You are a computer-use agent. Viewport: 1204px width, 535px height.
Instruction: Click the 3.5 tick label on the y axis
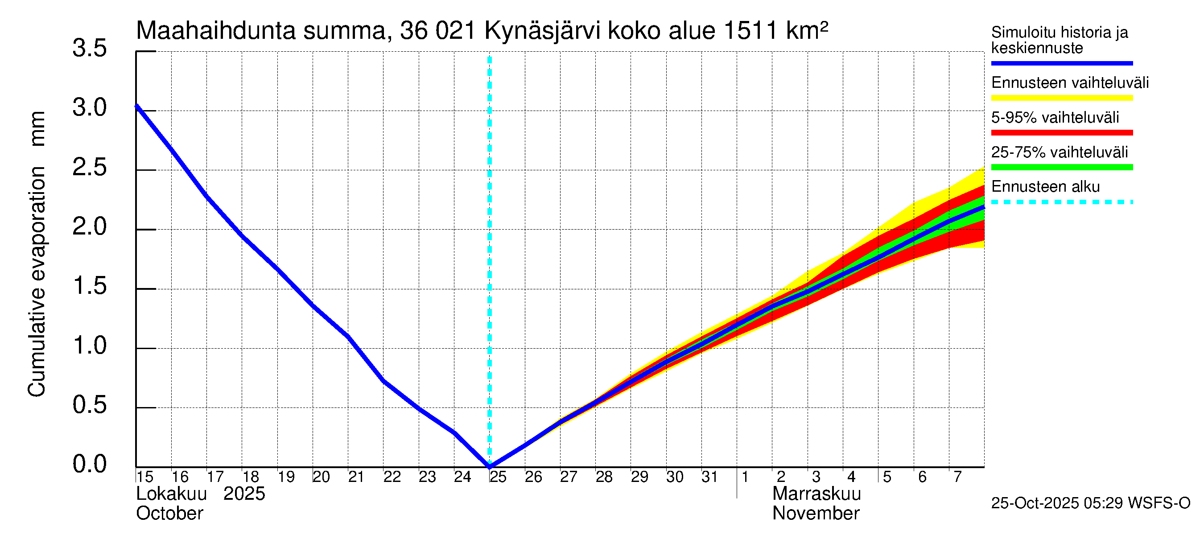click(x=89, y=49)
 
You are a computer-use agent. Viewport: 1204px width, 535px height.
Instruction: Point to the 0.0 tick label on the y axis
click(x=89, y=465)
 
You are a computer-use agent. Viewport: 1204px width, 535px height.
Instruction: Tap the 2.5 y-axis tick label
click(x=89, y=168)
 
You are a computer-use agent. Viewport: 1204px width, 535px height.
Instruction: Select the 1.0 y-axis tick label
click(x=89, y=346)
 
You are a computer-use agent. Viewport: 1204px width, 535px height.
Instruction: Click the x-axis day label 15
click(x=145, y=477)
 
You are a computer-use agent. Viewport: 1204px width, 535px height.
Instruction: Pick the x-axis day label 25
click(x=498, y=477)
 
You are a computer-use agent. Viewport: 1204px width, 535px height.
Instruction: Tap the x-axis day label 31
click(x=710, y=477)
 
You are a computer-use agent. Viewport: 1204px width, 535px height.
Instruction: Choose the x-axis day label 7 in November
click(x=958, y=477)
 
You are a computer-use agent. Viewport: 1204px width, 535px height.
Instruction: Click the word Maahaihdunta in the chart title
click(x=215, y=31)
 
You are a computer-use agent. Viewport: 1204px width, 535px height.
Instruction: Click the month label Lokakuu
click(x=171, y=494)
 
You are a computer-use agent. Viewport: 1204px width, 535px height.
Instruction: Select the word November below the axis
click(x=816, y=514)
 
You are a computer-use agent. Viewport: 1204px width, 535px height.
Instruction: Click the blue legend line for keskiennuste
click(x=1061, y=63)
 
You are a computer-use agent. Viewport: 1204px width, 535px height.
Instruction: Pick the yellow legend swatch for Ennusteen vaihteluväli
click(x=1061, y=98)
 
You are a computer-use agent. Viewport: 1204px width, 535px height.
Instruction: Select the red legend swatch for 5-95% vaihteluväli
click(x=1061, y=133)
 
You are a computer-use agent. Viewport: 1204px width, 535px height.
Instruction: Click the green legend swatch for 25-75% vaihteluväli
click(x=1061, y=167)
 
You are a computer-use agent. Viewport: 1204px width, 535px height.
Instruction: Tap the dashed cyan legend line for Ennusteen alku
click(x=1061, y=202)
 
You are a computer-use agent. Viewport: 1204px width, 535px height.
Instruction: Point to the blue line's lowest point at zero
click(x=490, y=466)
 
